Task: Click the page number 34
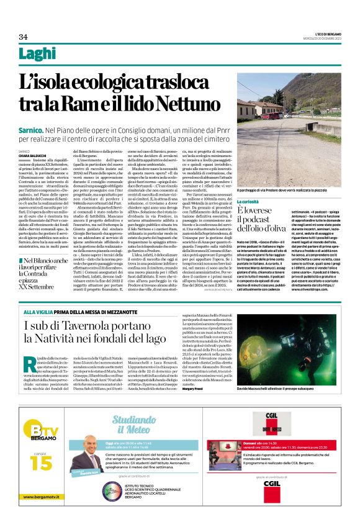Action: [24, 37]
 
